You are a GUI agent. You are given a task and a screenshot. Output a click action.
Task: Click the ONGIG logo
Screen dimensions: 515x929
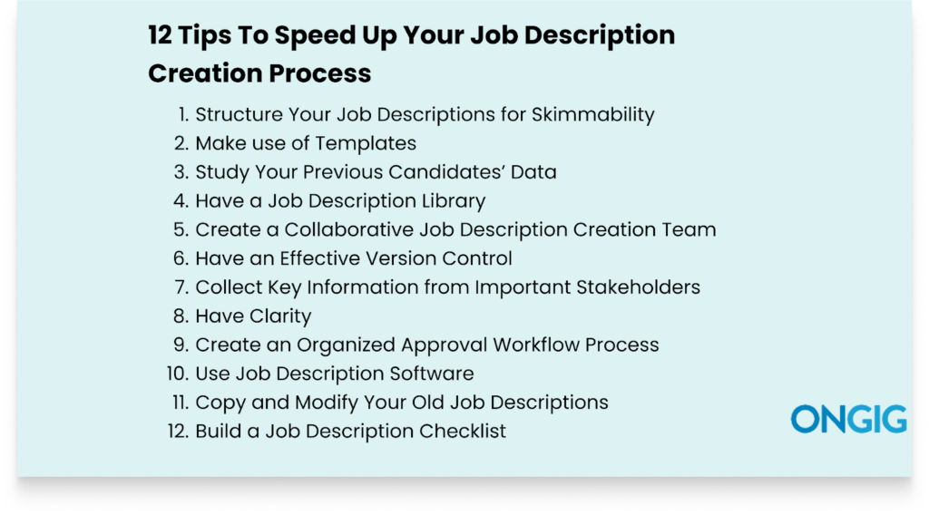point(848,419)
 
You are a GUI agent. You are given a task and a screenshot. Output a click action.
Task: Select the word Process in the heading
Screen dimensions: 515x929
point(318,73)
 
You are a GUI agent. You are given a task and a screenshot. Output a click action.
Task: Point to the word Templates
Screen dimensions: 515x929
point(363,143)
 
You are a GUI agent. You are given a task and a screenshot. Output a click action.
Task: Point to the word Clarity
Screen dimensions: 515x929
point(278,316)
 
